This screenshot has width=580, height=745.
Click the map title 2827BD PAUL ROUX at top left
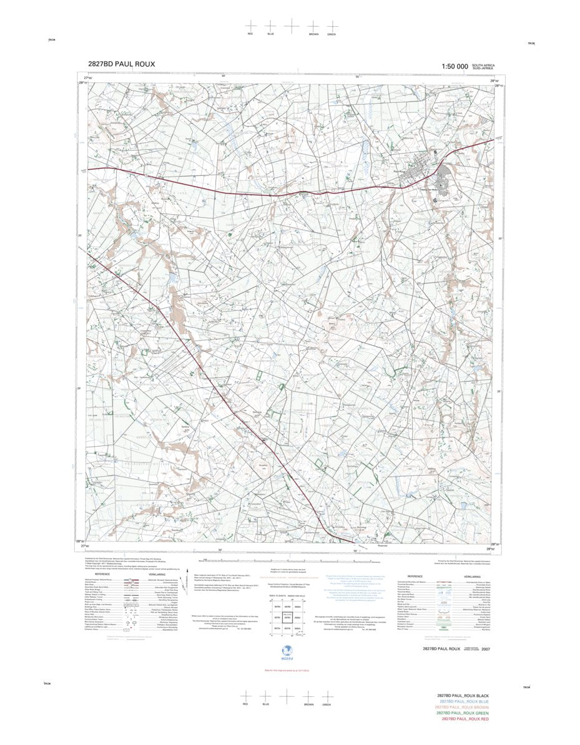pyautogui.click(x=122, y=64)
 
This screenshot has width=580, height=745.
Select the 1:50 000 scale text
pyautogui.click(x=454, y=67)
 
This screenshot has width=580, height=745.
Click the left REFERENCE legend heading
pyautogui.click(x=102, y=575)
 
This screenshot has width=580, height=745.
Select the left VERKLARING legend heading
pyautogui.click(x=157, y=575)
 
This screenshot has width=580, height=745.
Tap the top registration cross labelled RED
pyautogui.click(x=251, y=26)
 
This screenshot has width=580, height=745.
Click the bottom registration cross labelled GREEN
pyautogui.click(x=327, y=696)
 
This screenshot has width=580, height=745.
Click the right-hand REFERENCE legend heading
pyautogui.click(x=415, y=576)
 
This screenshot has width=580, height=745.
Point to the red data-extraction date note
pyautogui.click(x=290, y=670)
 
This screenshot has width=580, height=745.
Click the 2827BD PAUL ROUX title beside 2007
pyautogui.click(x=441, y=650)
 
